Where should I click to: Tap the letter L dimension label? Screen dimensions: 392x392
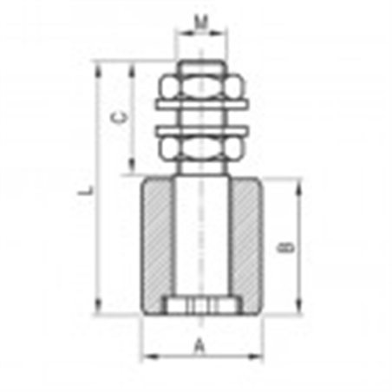(87, 186)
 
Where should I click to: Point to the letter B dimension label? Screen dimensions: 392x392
(289, 246)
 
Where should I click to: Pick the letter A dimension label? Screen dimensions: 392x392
(199, 347)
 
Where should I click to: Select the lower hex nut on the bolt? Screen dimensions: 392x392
(200, 148)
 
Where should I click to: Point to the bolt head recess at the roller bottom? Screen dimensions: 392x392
(200, 306)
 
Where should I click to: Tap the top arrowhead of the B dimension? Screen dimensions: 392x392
(301, 181)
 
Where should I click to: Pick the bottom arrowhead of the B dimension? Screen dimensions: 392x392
(301, 309)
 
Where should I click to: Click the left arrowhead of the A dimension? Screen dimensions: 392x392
(146, 356)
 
